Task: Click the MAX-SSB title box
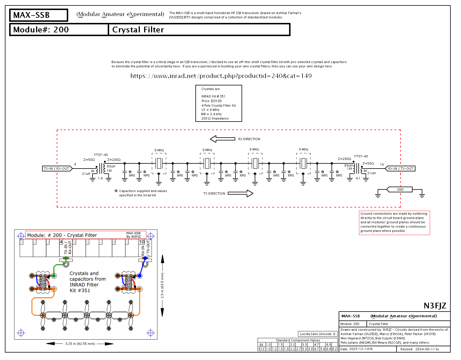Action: [39, 15]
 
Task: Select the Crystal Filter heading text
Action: [138, 30]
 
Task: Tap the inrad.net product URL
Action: [221, 76]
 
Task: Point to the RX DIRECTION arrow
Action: [223, 139]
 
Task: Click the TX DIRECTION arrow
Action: [240, 193]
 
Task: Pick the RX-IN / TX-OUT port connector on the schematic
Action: [400, 169]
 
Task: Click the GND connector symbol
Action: [400, 189]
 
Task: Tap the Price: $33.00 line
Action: [211, 101]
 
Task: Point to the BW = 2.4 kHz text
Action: [211, 114]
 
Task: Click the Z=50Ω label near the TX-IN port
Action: [89, 160]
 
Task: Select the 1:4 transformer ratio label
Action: [100, 178]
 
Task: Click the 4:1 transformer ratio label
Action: [358, 178]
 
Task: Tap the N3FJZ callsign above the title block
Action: [435, 306]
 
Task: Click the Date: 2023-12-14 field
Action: [357, 349]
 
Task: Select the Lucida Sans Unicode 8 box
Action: [317, 334]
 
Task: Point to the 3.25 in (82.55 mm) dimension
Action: [80, 344]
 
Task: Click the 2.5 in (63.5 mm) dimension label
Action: [162, 285]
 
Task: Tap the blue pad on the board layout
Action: [140, 276]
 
